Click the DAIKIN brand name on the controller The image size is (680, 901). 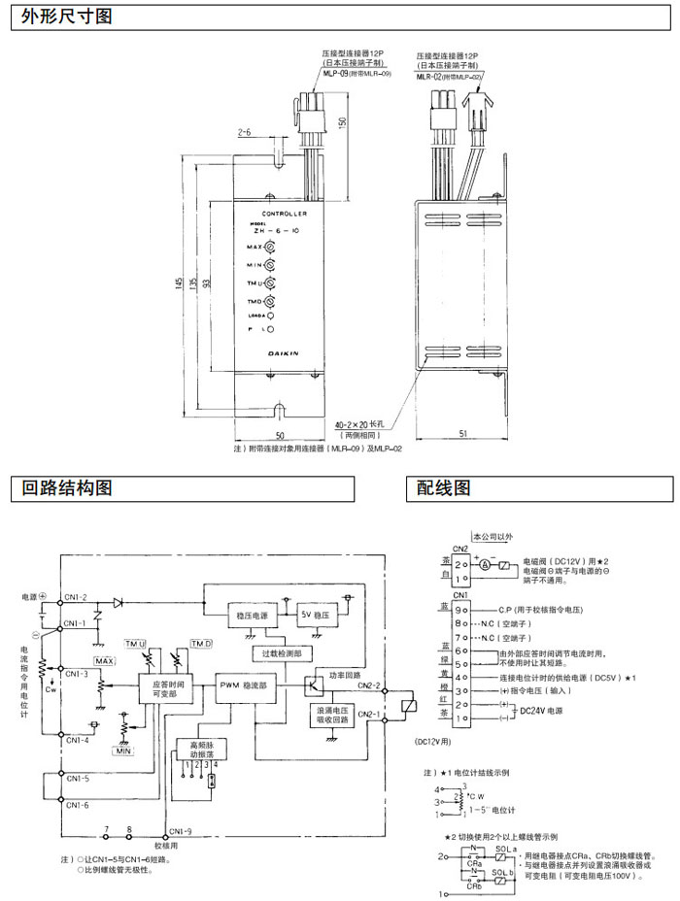[x=285, y=353]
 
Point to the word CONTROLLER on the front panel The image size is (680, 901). [x=285, y=212]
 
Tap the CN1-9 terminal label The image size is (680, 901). [x=180, y=831]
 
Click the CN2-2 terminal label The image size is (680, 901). [x=369, y=686]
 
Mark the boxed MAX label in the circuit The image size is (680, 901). [x=105, y=661]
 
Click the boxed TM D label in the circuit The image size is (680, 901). [x=201, y=644]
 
